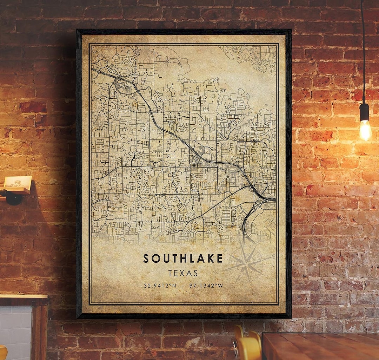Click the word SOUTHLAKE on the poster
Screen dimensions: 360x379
[x=183, y=258]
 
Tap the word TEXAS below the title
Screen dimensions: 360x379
[x=183, y=273]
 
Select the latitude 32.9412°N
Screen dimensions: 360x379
[x=160, y=286]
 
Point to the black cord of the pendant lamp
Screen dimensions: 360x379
[x=363, y=53]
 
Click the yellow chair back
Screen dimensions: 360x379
[x=248, y=346]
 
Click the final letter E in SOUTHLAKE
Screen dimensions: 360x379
[x=220, y=258]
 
